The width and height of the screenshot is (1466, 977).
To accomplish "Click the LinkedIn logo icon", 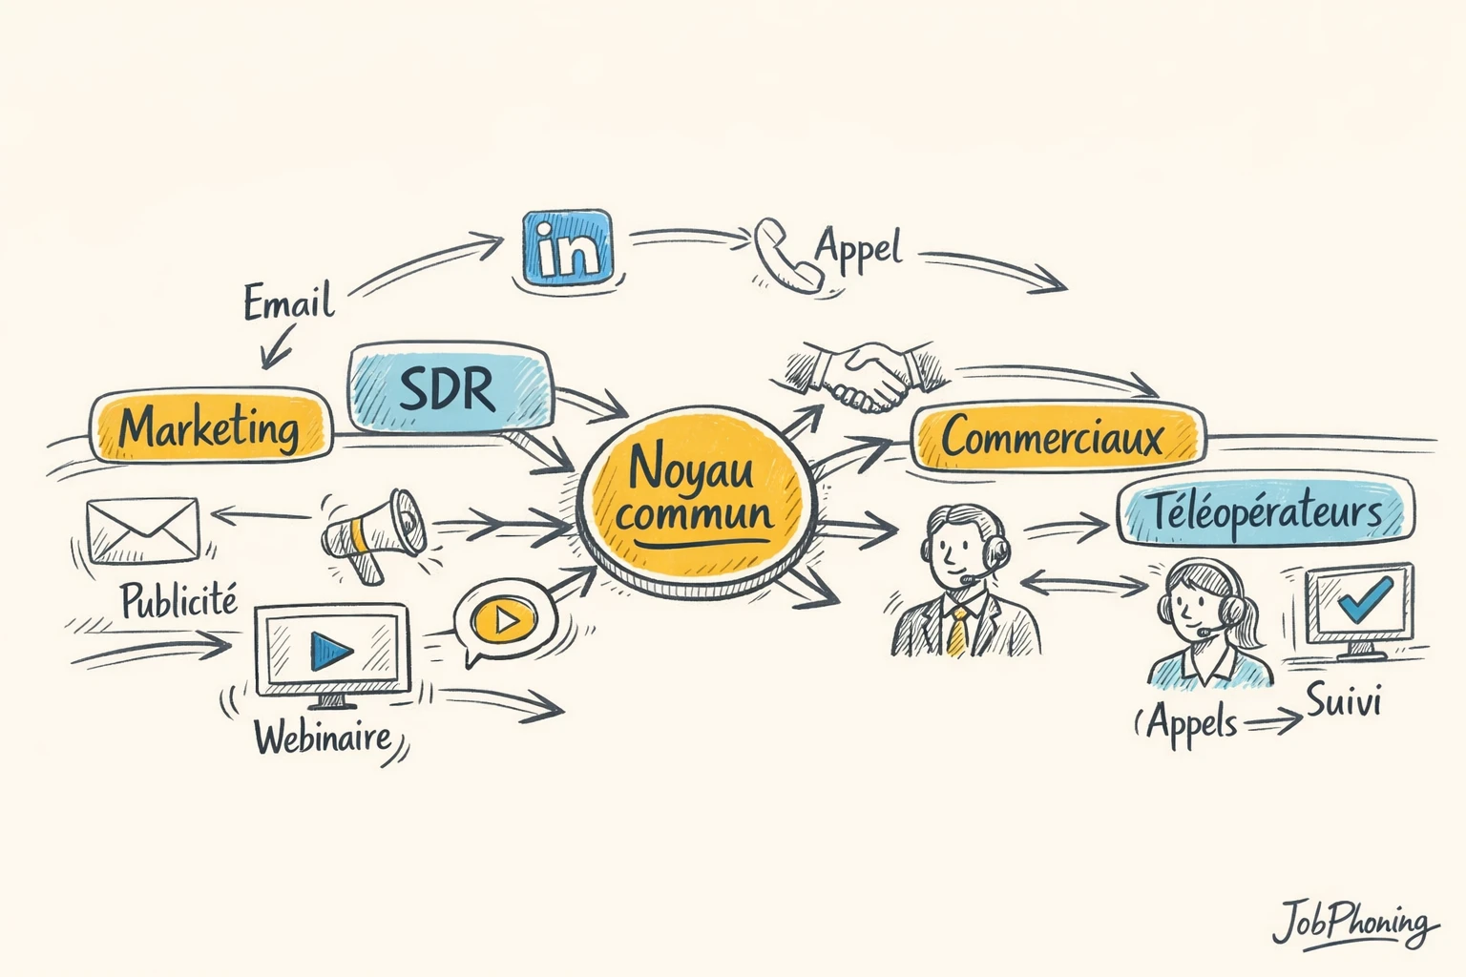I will tap(567, 246).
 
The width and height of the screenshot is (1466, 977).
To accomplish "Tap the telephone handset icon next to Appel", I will tap(785, 253).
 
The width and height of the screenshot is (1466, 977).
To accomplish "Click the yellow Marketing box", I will tap(210, 426).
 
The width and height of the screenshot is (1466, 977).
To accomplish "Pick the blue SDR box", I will tap(449, 390).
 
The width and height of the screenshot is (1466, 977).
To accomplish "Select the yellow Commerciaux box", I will tap(1055, 438).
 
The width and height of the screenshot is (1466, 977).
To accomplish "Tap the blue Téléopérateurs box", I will tap(1266, 512).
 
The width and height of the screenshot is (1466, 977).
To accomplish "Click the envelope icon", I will tap(142, 531).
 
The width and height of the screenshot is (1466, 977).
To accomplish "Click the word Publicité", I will tap(178, 601).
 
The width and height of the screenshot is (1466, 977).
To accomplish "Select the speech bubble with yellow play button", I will tap(504, 621).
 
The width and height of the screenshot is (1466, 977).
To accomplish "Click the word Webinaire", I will tap(323, 737).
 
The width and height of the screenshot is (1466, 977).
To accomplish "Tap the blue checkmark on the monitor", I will tap(1363, 598).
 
